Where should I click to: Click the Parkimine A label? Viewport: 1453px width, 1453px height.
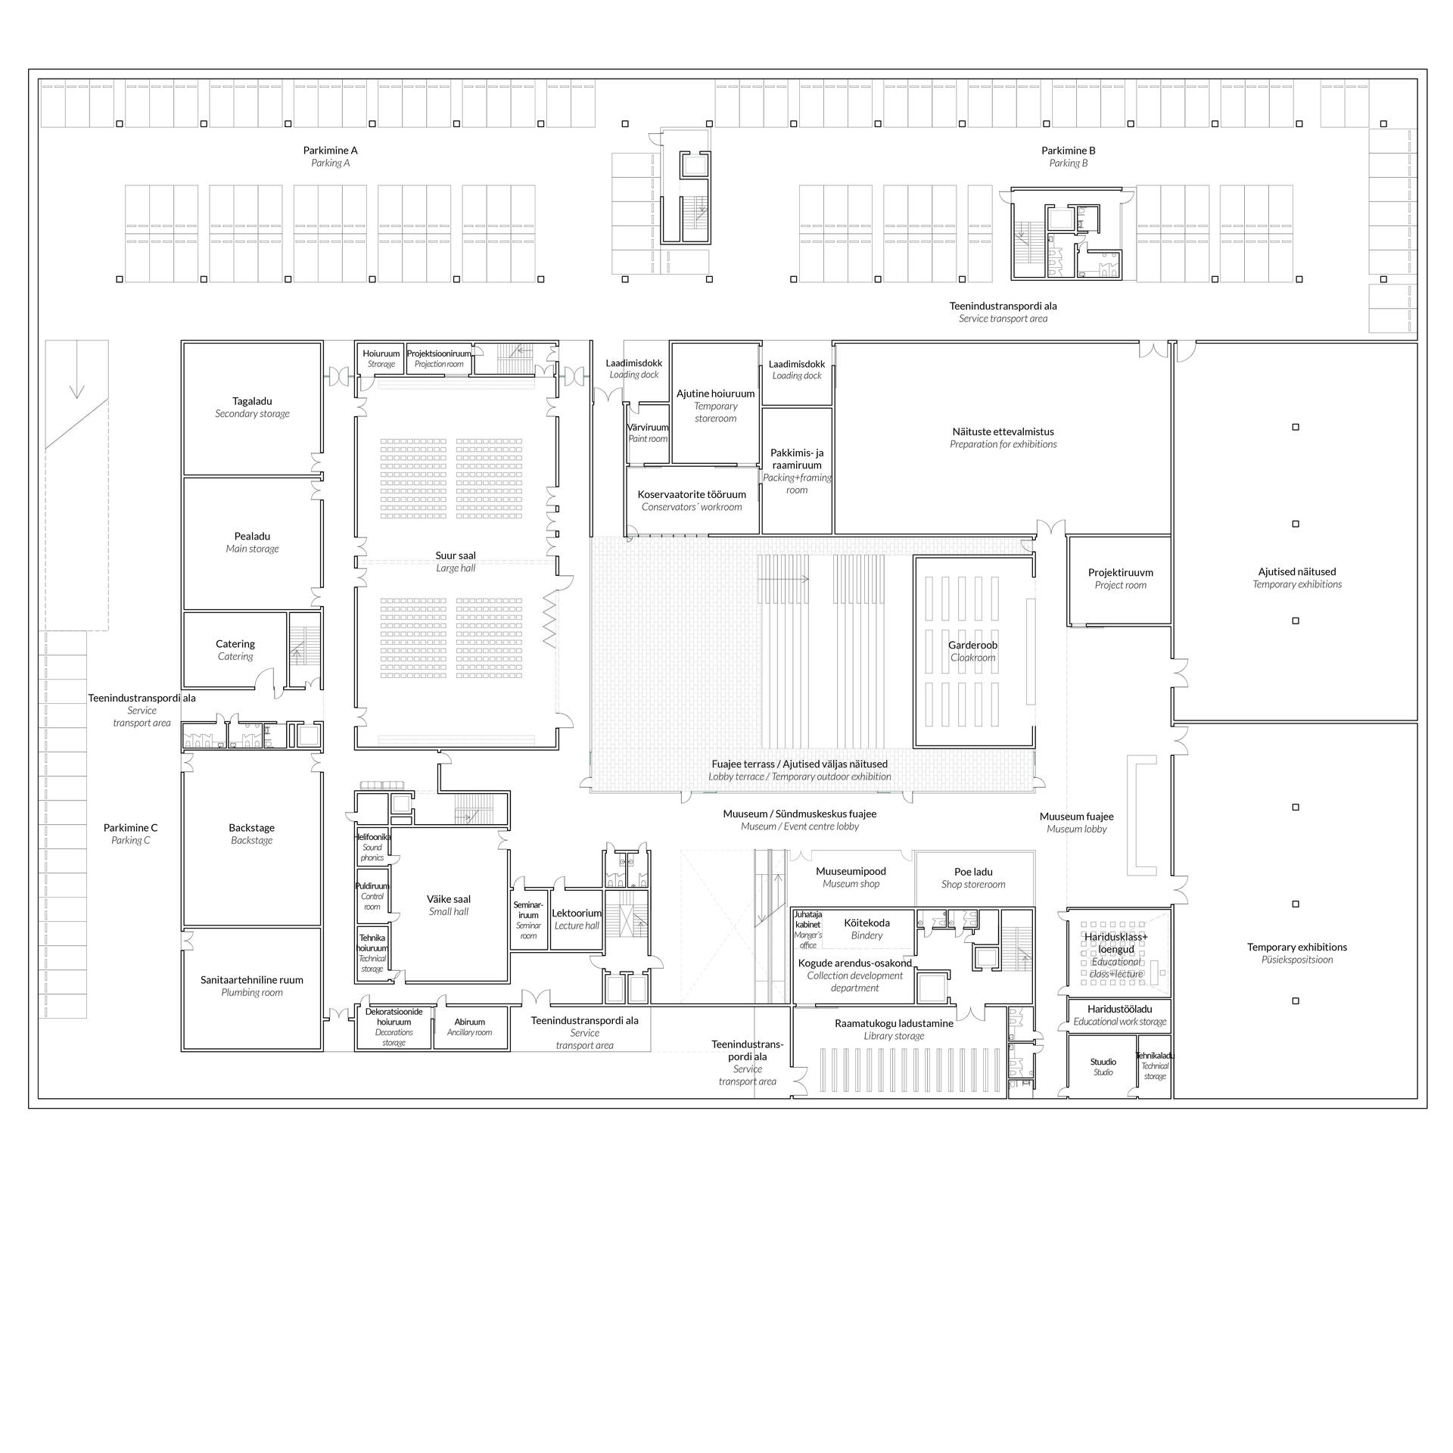[x=330, y=156]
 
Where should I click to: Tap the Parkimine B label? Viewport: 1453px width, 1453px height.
[x=1068, y=156]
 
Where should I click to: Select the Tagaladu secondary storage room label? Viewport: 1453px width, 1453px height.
[x=252, y=407]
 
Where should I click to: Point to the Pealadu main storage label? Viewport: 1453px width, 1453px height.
[x=252, y=542]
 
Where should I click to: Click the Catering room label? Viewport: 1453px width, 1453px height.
[x=235, y=649]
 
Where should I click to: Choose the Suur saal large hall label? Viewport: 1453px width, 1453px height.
[x=456, y=561]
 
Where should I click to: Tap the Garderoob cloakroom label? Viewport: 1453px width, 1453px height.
[x=973, y=651]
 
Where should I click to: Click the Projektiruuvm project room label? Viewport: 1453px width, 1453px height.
[x=1120, y=578]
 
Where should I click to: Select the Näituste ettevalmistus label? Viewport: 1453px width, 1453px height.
[x=1003, y=437]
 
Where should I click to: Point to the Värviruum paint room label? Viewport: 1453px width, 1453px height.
[x=648, y=433]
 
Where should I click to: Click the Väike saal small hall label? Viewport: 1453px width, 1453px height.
[x=449, y=905]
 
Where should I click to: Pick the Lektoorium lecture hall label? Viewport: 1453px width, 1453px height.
[x=577, y=919]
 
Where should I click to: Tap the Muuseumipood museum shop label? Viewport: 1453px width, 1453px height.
[x=851, y=877]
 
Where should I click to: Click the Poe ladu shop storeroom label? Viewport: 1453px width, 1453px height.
[x=973, y=878]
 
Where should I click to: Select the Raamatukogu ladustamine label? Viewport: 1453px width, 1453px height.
[x=894, y=1029]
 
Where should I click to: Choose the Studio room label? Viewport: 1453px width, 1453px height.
[x=1103, y=1067]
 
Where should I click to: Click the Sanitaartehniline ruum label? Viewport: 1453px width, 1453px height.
[x=251, y=985]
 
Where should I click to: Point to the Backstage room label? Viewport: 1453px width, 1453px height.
[x=251, y=834]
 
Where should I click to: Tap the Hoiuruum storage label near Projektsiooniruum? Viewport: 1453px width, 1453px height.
[x=381, y=359]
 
